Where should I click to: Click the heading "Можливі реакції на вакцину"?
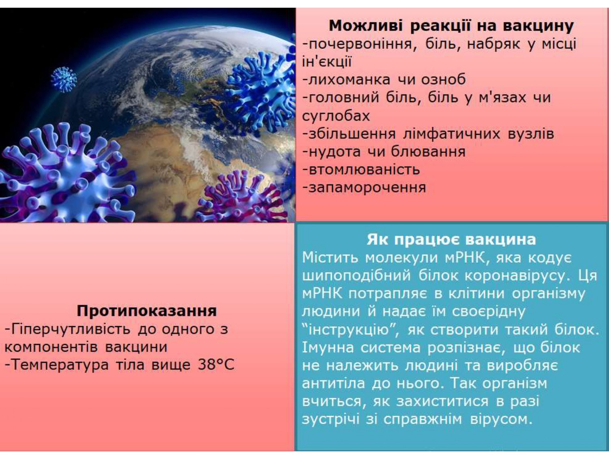click(451, 26)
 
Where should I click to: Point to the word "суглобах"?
click(336, 116)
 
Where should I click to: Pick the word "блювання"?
click(428, 152)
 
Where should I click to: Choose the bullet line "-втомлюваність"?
click(361, 170)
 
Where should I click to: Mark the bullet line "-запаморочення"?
click(364, 188)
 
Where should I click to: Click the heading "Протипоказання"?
click(147, 311)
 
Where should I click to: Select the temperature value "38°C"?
click(216, 365)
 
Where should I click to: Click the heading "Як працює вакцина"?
click(451, 239)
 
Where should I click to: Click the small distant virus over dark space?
click(64, 79)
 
